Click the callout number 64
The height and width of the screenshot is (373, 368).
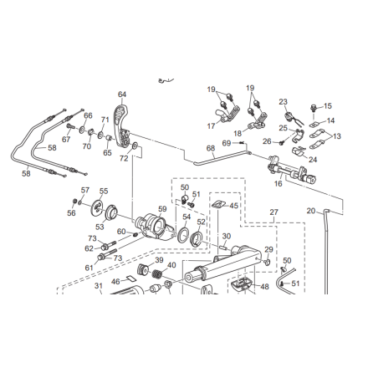122,95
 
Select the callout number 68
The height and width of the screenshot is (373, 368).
211,148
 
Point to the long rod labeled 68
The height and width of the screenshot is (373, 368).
222,157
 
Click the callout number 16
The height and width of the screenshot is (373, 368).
279,183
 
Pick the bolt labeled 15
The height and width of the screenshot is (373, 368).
314,107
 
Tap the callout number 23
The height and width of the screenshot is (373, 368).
283,102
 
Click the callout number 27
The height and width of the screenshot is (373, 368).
274,212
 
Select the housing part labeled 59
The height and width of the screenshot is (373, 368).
154,227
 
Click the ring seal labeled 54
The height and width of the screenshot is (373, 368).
183,234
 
